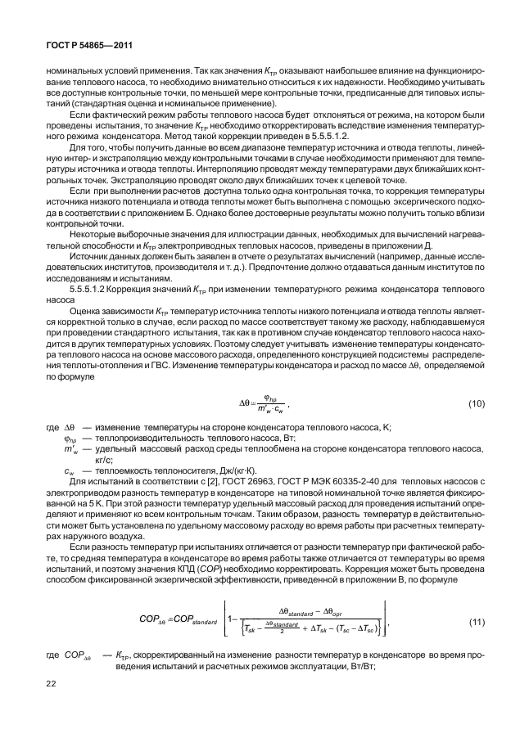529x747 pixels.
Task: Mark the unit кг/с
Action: pyautogui.click(x=106, y=461)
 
